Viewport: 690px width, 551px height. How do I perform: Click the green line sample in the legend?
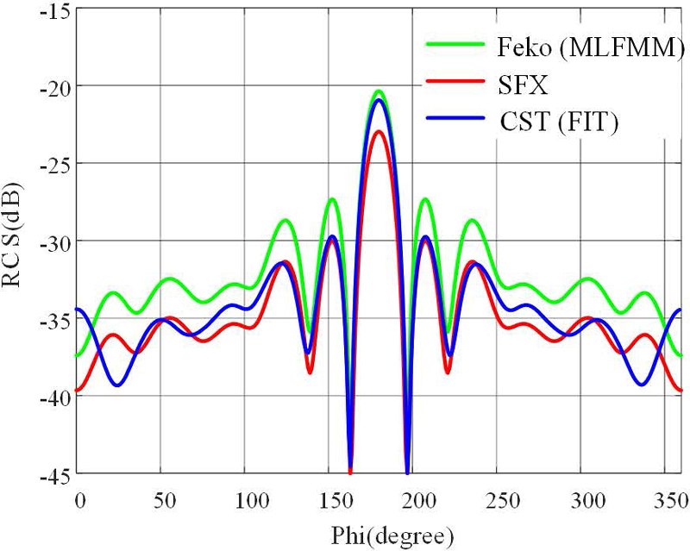coord(456,49)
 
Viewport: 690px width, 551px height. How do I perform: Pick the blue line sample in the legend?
coord(456,122)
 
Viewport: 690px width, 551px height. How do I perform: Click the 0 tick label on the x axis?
coord(80,500)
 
